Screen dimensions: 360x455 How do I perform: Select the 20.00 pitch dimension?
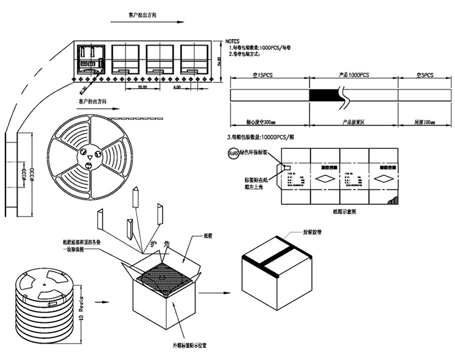(x=142, y=87)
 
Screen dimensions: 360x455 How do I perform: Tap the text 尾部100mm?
(x=425, y=123)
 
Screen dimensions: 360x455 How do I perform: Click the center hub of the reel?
(x=89, y=156)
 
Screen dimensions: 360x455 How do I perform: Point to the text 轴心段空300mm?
(x=263, y=123)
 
